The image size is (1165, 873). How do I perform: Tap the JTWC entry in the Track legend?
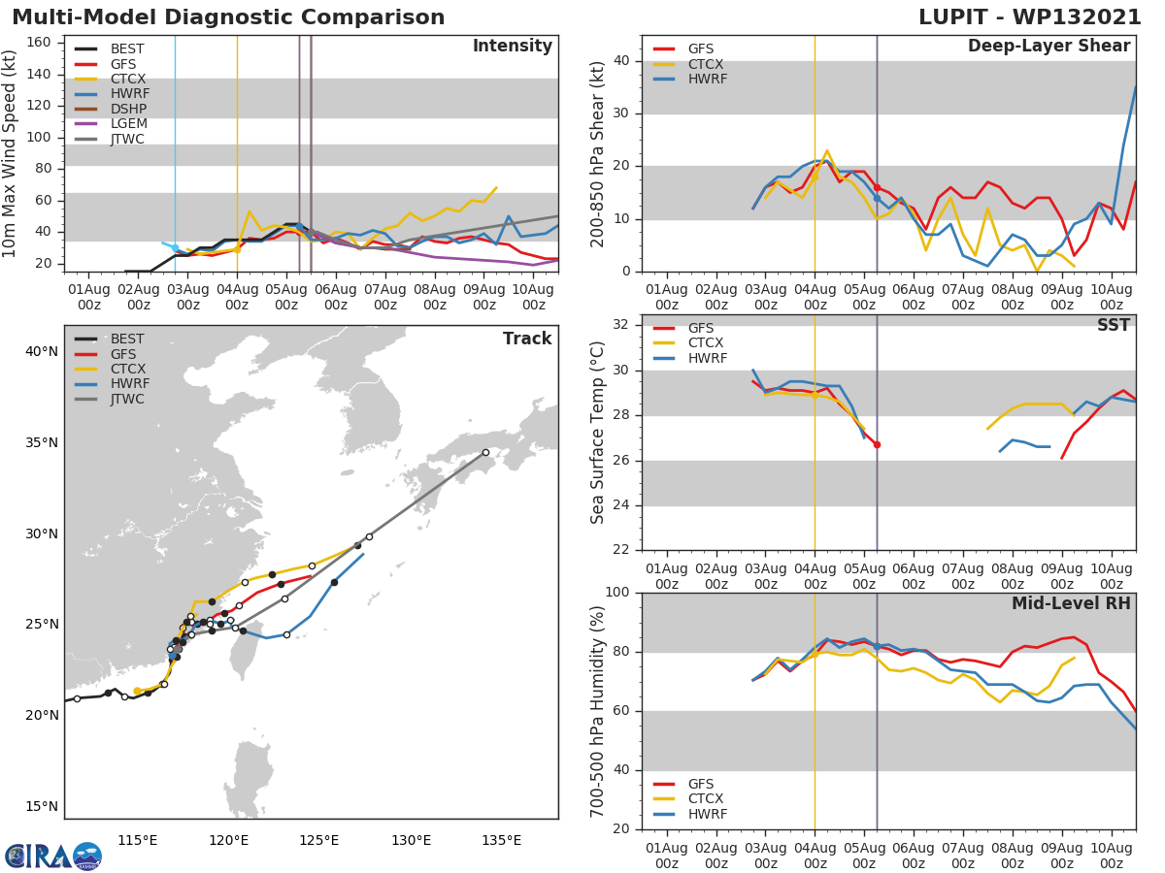click(128, 399)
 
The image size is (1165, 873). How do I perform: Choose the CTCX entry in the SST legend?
click(706, 343)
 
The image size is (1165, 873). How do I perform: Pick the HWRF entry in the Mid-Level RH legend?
click(706, 814)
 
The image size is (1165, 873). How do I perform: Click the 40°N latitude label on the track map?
click(41, 351)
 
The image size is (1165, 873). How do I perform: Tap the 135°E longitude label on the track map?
click(501, 840)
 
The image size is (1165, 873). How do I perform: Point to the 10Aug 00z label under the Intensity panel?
click(533, 297)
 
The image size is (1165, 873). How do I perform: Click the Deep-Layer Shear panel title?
click(1048, 47)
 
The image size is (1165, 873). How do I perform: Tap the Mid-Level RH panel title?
click(1071, 604)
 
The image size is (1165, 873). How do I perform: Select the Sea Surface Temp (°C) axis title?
click(598, 434)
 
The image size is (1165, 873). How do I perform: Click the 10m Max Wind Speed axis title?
click(11, 154)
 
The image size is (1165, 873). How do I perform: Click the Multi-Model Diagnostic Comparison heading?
click(228, 17)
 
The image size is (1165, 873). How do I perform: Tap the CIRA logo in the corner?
click(52, 856)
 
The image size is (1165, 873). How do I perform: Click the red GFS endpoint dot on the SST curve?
click(877, 444)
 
